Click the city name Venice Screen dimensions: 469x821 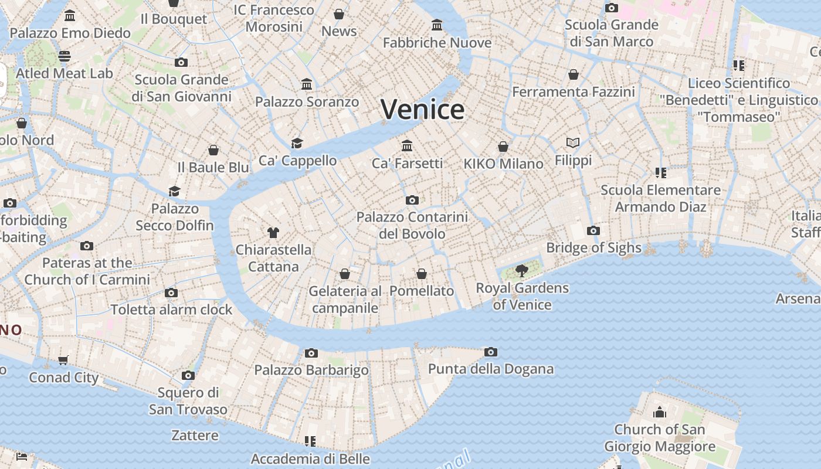pyautogui.click(x=422, y=110)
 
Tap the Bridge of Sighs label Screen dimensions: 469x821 pyautogui.click(x=593, y=247)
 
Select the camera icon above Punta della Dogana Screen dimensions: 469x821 pyautogui.click(x=491, y=352)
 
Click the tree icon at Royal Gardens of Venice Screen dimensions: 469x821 pyautogui.click(x=521, y=270)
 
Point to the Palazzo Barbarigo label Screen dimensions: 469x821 pyautogui.click(x=311, y=370)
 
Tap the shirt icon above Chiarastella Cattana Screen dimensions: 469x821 pyautogui.click(x=273, y=232)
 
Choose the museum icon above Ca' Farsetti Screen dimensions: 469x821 pyautogui.click(x=407, y=145)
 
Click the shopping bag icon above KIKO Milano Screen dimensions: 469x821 pyautogui.click(x=503, y=146)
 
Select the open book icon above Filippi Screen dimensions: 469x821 pyautogui.click(x=573, y=142)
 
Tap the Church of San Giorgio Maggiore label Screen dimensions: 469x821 pyautogui.click(x=660, y=438)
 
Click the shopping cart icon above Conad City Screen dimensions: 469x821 pyautogui.click(x=63, y=360)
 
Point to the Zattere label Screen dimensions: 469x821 pyautogui.click(x=195, y=436)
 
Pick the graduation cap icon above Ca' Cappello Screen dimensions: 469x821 pyautogui.click(x=297, y=143)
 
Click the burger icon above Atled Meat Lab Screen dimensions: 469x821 pyautogui.click(x=65, y=56)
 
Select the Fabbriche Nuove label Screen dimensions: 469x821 pyautogui.click(x=437, y=43)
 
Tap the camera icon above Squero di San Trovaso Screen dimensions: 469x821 pyautogui.click(x=188, y=375)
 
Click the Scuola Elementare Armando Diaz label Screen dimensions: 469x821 pyautogui.click(x=660, y=198)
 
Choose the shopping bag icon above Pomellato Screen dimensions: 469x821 pyautogui.click(x=421, y=274)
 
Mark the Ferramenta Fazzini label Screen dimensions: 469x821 pyautogui.click(x=574, y=92)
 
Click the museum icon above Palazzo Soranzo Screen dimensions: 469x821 pyautogui.click(x=307, y=84)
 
